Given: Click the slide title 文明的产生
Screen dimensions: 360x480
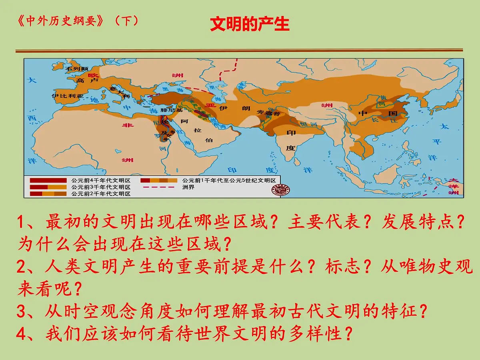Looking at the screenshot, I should pos(250,24).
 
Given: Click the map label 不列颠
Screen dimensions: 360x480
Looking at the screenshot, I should pos(77,69).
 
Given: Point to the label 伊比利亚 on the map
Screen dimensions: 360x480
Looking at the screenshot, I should pos(68,96).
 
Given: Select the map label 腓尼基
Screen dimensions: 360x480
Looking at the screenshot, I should pos(171,110).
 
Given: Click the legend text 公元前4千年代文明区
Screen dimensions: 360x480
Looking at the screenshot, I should pos(101,180).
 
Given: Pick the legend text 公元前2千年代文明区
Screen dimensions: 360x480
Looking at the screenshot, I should pos(101,194).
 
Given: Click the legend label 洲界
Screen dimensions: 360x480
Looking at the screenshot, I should pos(188,187).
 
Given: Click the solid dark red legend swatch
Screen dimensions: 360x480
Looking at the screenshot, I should pos(48,180).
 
